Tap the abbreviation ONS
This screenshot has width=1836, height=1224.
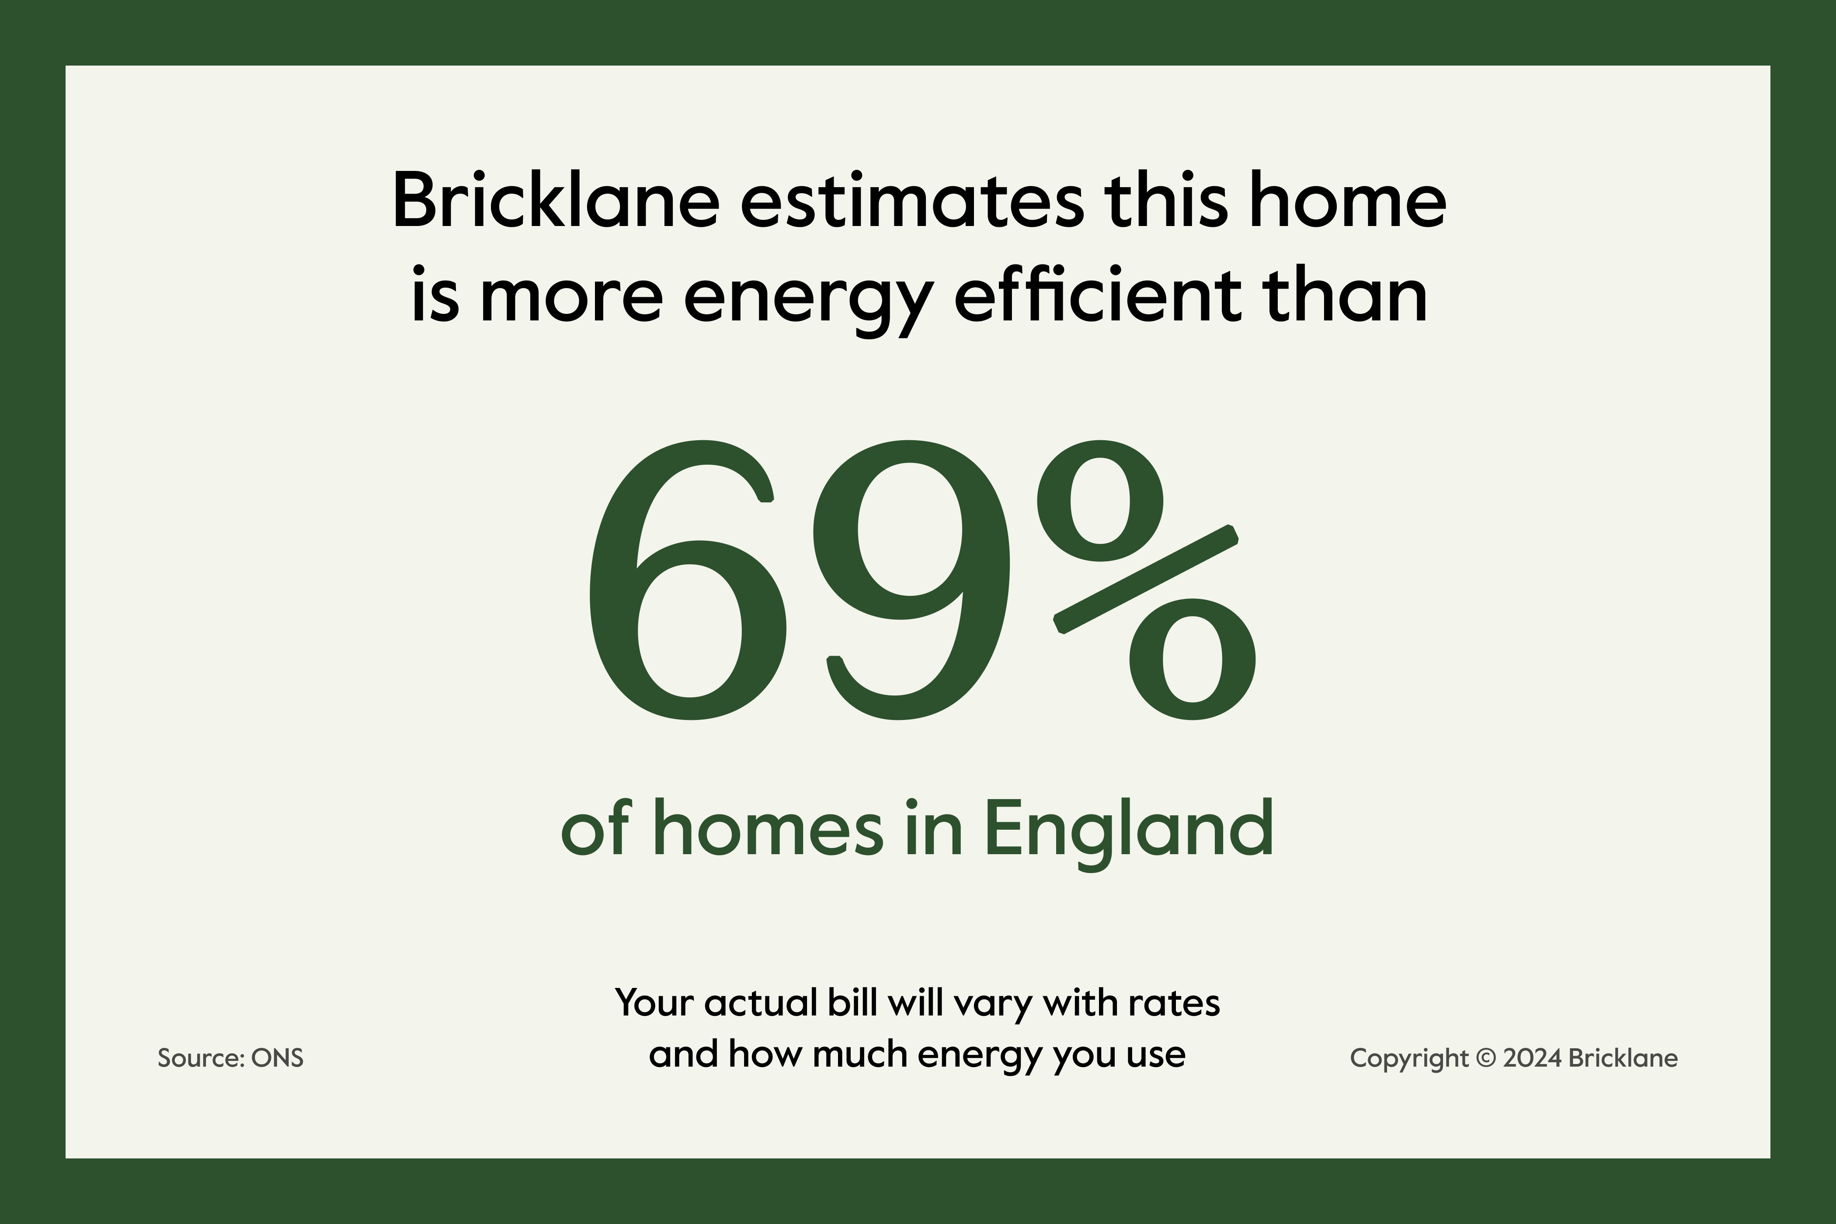click(277, 1058)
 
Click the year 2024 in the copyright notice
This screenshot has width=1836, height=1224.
click(1532, 1058)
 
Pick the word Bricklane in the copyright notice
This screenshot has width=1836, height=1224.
click(1623, 1058)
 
